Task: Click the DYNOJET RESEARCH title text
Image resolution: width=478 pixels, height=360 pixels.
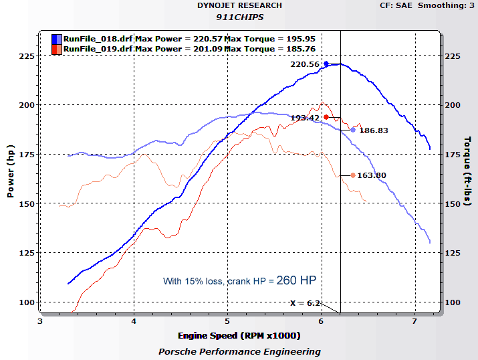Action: point(239,5)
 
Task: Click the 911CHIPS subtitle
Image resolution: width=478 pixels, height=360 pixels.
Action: point(239,16)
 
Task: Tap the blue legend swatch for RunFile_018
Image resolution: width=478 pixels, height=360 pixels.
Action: point(57,39)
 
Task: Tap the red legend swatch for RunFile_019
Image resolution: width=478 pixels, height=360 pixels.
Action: point(57,49)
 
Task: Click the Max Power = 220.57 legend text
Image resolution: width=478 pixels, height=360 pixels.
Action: point(179,39)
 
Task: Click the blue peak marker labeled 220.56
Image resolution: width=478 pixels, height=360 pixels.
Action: point(326,64)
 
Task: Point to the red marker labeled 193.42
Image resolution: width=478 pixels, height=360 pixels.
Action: point(326,117)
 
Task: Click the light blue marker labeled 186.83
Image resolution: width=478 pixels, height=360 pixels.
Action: point(353,130)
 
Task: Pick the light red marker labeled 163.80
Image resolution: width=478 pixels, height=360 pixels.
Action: point(353,175)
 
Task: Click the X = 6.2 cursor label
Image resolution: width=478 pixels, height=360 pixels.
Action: point(305,303)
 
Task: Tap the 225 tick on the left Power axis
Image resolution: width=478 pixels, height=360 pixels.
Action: point(26,56)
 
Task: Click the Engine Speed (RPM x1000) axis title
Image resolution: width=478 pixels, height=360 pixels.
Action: point(239,335)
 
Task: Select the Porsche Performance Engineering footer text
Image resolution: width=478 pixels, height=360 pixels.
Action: point(239,351)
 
